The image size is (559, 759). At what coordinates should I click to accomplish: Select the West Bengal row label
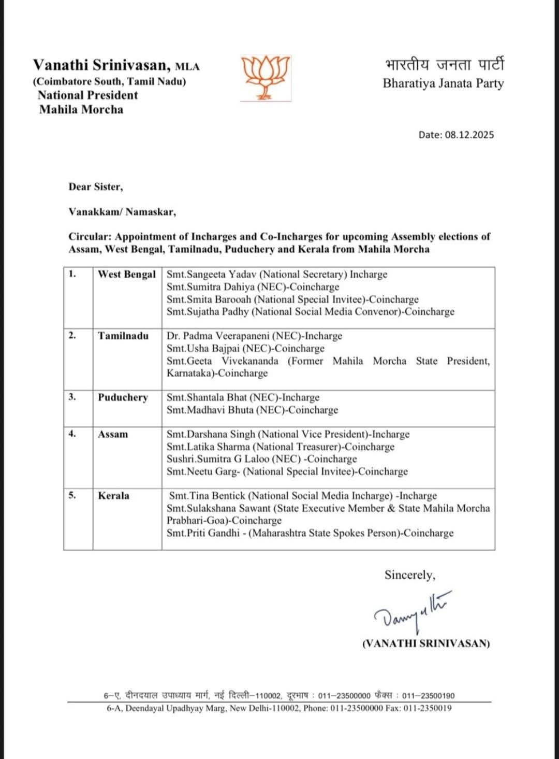(x=127, y=275)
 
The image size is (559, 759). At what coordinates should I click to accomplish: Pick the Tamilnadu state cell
(x=123, y=336)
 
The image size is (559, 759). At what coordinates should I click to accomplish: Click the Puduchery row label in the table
(x=123, y=397)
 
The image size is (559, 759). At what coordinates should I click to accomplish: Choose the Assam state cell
(x=113, y=434)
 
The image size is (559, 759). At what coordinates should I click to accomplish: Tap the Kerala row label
(x=114, y=496)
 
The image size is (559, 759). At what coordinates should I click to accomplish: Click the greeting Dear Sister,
(x=96, y=187)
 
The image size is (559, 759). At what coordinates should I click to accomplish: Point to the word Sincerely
(x=409, y=575)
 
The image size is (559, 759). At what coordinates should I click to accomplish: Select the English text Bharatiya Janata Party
(x=443, y=83)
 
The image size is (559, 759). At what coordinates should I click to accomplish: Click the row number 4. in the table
(x=72, y=434)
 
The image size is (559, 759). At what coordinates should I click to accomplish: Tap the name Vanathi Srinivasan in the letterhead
(x=101, y=65)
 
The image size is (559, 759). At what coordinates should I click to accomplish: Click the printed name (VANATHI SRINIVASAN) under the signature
(x=425, y=643)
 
